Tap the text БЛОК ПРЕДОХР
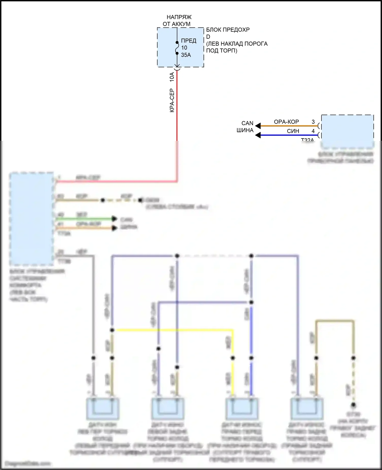228,30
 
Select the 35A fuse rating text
186,55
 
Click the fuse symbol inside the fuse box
177,48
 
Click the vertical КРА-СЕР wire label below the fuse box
172,101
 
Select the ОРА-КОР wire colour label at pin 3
286,122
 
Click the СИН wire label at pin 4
293,131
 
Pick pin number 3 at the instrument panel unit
313,122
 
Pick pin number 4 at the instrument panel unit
313,131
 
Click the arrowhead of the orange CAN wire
258,126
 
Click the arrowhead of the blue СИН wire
258,135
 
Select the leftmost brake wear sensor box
103,409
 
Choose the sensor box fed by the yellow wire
242,409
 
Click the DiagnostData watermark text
28,464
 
